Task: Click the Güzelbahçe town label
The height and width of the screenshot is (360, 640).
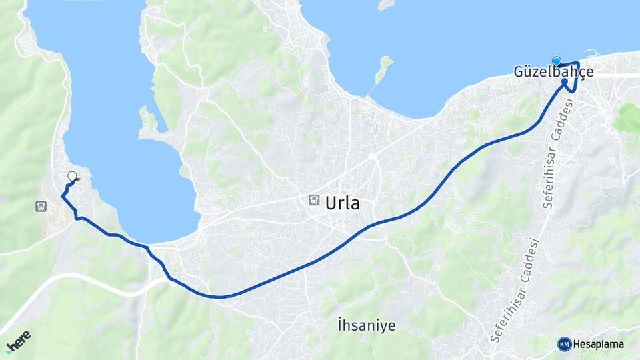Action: [x=553, y=72]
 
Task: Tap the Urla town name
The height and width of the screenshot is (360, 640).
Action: [x=342, y=203]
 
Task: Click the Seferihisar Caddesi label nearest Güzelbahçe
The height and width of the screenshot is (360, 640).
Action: [x=558, y=153]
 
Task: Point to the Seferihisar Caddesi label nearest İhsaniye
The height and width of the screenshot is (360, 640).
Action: [x=514, y=291]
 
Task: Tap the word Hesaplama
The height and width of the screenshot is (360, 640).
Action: [x=598, y=344]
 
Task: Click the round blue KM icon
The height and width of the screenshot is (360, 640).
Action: [x=564, y=344]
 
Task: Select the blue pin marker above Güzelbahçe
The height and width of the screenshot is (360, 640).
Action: [x=557, y=61]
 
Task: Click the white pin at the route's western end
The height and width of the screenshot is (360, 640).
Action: [x=72, y=176]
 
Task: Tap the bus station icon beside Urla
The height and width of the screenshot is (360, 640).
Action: [x=313, y=200]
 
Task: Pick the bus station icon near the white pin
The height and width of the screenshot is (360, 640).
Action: [x=41, y=206]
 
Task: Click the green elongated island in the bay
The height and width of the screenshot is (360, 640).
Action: [x=383, y=69]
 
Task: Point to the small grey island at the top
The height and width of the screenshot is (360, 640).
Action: [x=385, y=5]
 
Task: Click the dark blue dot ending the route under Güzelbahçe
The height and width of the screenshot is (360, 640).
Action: [x=565, y=82]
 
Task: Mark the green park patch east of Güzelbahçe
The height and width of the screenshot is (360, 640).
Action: [x=628, y=119]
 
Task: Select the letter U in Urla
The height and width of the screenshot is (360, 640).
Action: [x=331, y=203]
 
